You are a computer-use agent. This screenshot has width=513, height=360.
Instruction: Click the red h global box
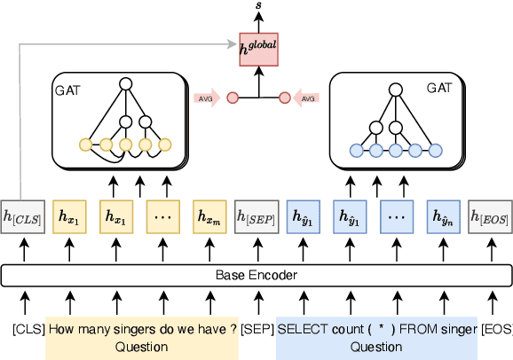(258, 48)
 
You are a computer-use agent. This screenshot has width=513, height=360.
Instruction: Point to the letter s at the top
(258, 6)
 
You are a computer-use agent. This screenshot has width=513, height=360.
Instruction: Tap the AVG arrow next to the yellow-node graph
(207, 98)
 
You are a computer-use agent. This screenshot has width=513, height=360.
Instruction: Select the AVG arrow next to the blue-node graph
(306, 98)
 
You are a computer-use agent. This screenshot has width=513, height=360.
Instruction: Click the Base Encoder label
(256, 275)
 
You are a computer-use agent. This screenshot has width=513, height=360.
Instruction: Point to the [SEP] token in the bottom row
(257, 329)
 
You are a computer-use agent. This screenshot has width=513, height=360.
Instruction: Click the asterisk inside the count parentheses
(381, 329)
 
